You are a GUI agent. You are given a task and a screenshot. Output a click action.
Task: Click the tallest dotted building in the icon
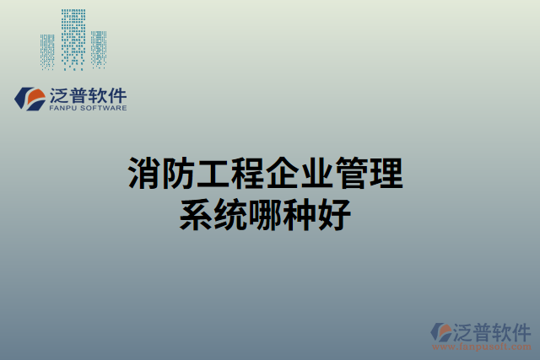[74, 38]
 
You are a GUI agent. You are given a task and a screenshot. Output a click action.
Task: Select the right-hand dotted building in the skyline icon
[99, 50]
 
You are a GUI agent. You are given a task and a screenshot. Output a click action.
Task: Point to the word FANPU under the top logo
[62, 109]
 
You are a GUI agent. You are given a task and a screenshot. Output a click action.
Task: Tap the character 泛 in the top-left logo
[58, 95]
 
